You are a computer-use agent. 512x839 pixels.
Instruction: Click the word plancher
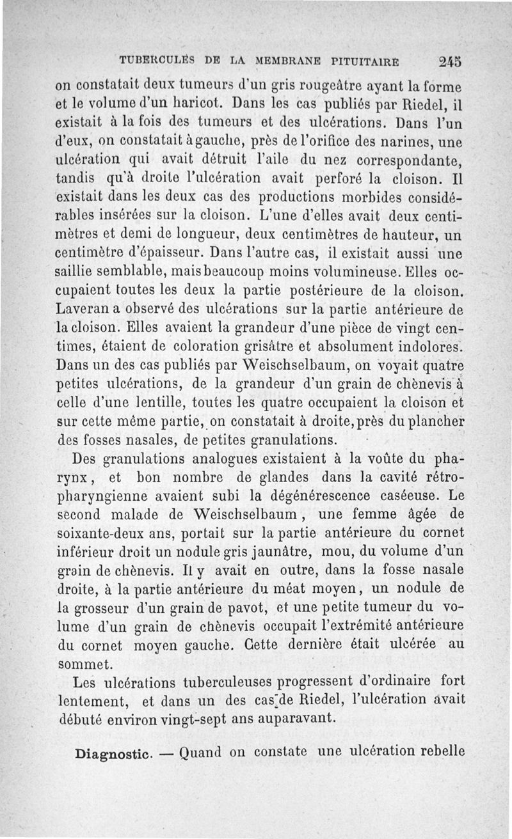tap(432, 422)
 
